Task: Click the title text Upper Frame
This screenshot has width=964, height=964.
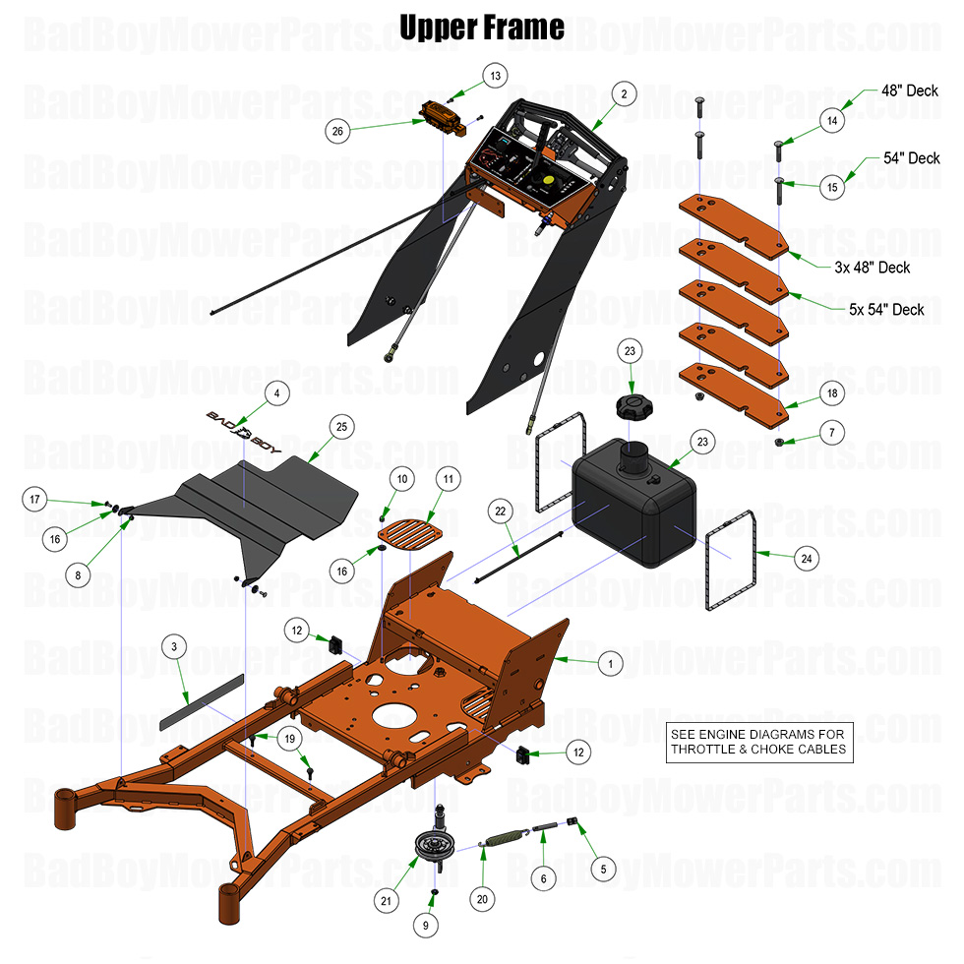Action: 482,27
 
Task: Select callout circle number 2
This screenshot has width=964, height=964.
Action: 623,93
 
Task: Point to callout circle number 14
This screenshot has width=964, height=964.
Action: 833,121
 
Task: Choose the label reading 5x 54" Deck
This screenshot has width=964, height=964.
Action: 886,309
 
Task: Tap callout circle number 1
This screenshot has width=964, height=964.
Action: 610,664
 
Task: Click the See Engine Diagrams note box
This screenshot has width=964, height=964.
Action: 757,742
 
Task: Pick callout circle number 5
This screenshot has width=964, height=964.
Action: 603,869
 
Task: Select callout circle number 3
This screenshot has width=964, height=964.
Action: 173,646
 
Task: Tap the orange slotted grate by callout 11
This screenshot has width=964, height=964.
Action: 407,535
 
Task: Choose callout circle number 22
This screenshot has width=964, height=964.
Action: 500,511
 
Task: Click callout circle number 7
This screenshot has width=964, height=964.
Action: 831,432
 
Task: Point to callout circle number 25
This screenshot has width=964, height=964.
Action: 342,427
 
